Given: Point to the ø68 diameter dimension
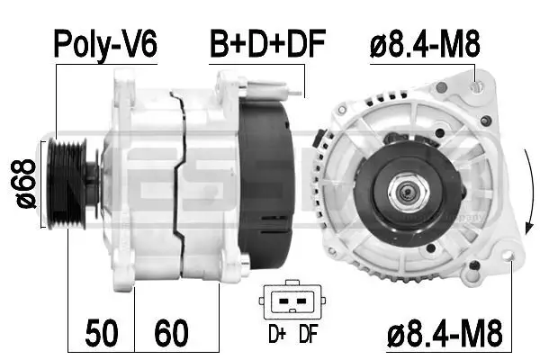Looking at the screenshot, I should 24,184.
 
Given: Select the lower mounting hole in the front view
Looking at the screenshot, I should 509,259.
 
